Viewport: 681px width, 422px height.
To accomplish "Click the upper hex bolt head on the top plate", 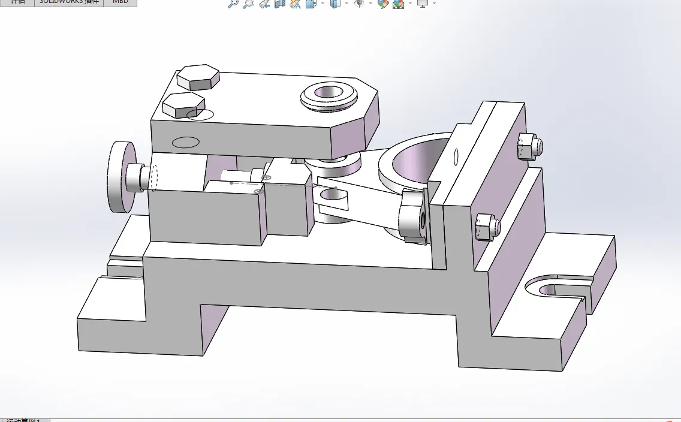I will tap(198, 76).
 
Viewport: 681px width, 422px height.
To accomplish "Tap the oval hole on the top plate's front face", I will tap(185, 143).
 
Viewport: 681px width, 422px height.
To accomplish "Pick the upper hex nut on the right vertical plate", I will tap(530, 146).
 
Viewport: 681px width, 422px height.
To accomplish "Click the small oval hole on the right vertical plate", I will tap(456, 156).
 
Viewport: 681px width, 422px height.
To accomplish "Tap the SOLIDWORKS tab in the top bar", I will tap(69, 2).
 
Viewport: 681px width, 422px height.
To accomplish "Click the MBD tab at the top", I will tap(120, 2).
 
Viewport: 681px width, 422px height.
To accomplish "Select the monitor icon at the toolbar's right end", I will tap(423, 4).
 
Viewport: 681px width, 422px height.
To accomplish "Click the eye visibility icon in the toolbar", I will tap(359, 4).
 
